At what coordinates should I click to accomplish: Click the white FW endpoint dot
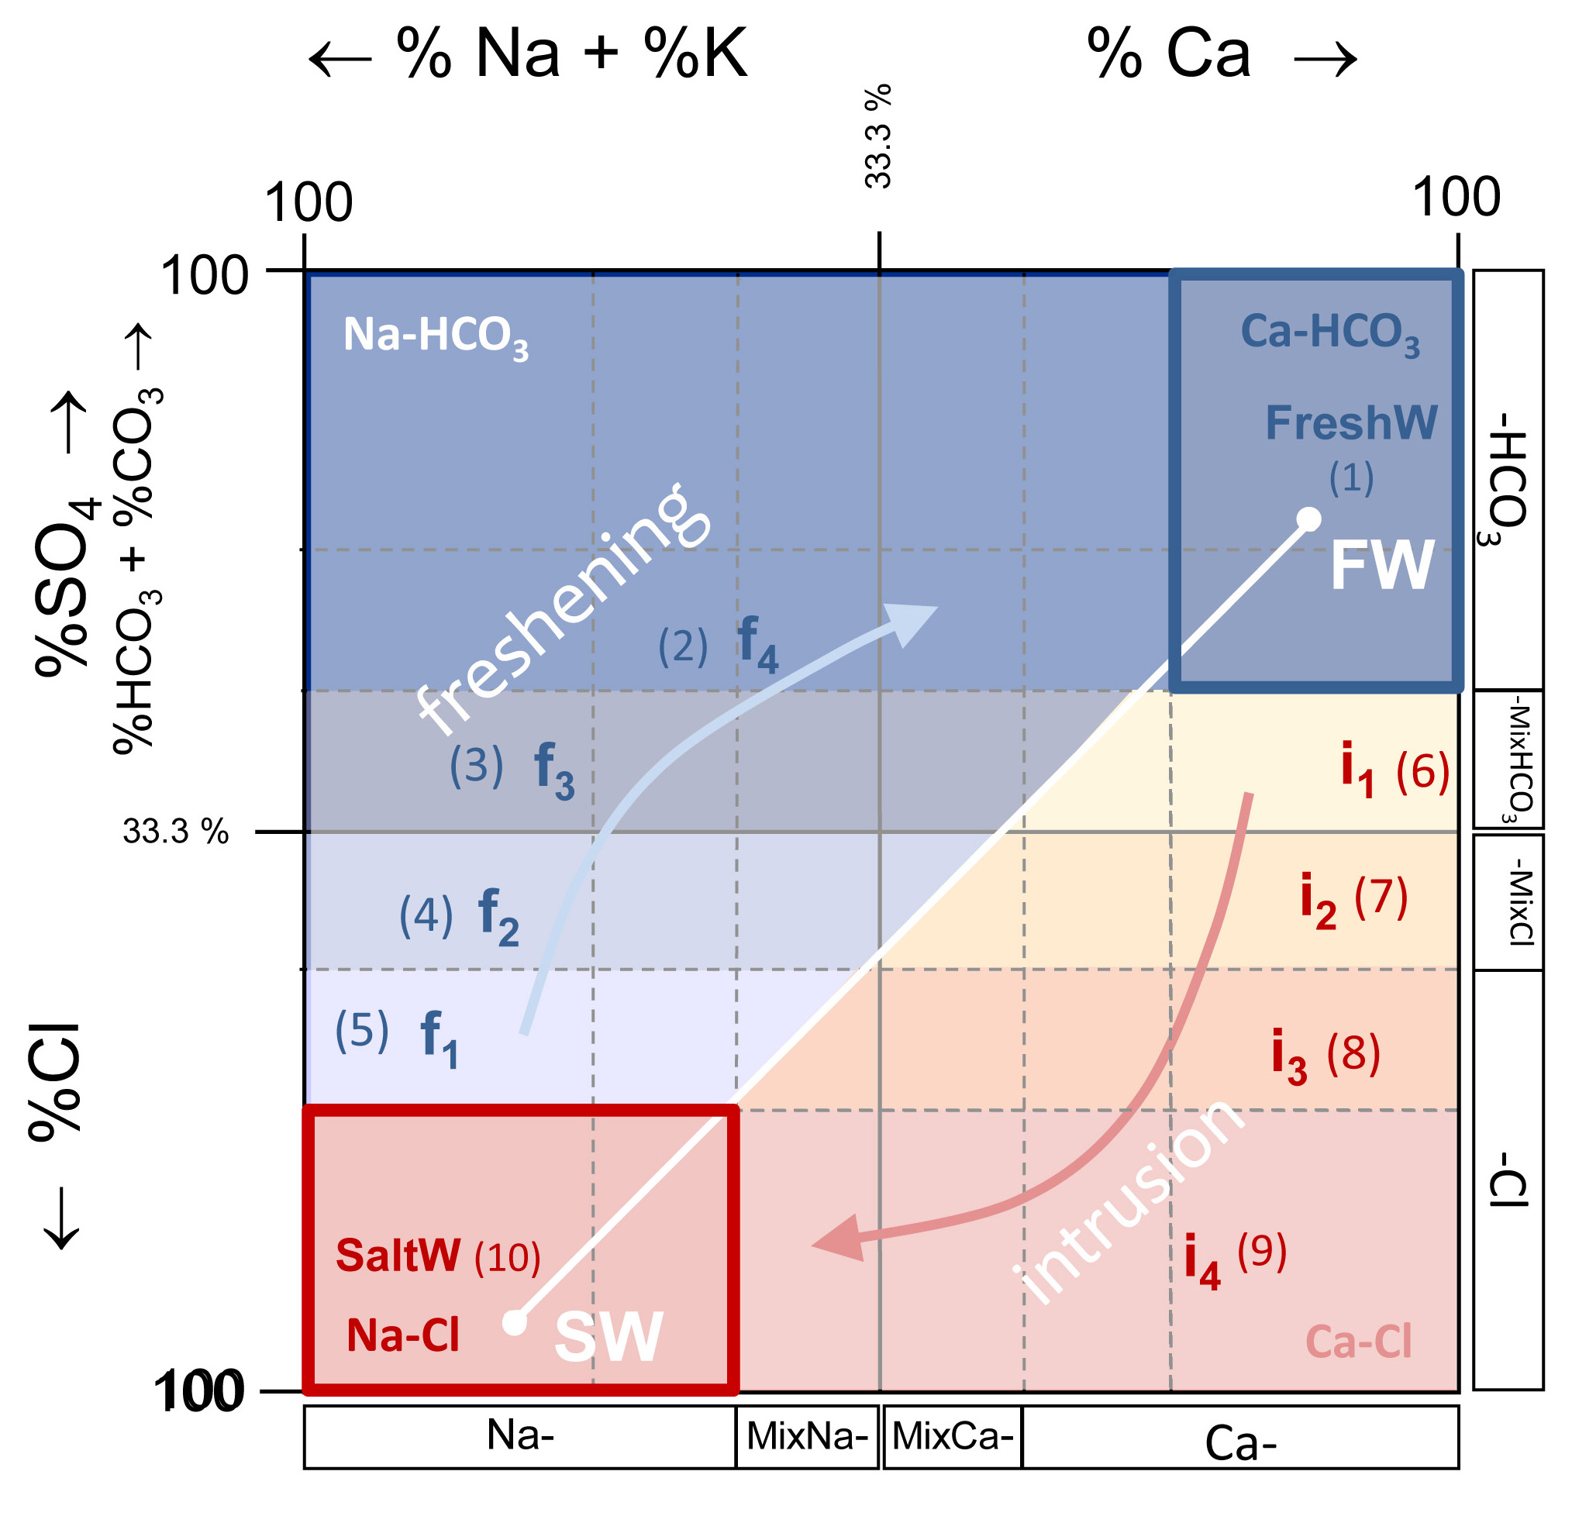1309,519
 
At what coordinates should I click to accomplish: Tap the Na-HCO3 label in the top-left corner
436,336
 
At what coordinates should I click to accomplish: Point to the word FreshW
1351,422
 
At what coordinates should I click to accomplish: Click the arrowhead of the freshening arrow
915,622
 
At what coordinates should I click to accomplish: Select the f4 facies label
757,644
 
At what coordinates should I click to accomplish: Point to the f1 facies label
440,1039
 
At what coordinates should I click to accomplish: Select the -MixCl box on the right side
1508,901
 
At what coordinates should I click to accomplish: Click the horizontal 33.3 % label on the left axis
176,832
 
